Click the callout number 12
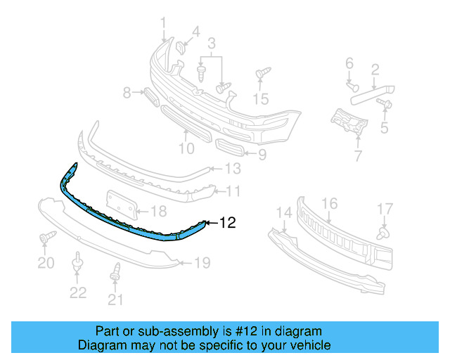point(228,224)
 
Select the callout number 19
point(202,264)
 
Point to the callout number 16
point(329,204)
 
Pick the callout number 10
point(186,148)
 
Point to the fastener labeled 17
point(384,232)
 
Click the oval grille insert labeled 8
point(148,95)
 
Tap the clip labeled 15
point(262,74)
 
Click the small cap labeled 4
point(179,48)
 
